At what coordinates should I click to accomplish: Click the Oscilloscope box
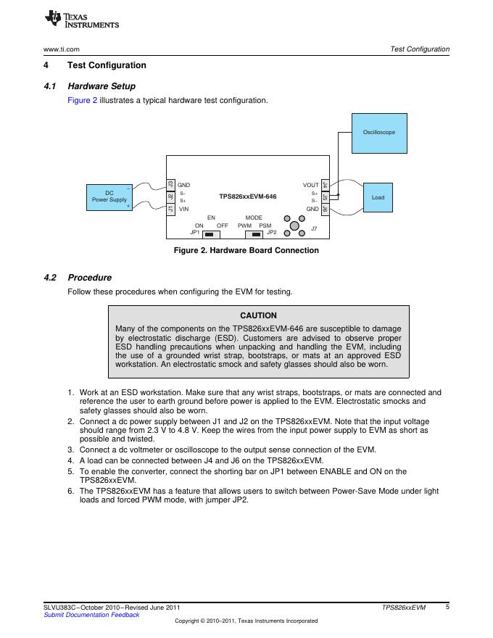click(x=379, y=133)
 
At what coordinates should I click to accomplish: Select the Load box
click(x=378, y=197)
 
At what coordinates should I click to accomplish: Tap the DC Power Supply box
click(x=109, y=197)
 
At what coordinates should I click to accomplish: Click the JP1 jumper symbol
click(x=210, y=234)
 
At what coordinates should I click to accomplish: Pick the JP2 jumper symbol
click(x=254, y=234)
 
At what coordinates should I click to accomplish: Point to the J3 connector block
click(x=170, y=186)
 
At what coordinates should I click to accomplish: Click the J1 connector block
click(x=170, y=209)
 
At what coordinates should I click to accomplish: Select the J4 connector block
click(x=326, y=186)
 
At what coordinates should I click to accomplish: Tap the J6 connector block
click(x=326, y=209)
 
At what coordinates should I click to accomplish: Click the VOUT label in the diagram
click(x=310, y=186)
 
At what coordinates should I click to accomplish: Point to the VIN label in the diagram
click(x=183, y=209)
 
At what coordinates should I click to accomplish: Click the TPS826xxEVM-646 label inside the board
click(x=247, y=196)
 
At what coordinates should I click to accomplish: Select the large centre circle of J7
click(x=294, y=226)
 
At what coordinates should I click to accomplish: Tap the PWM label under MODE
click(x=244, y=225)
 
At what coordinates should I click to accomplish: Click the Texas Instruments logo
click(x=81, y=20)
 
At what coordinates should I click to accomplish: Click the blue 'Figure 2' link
click(x=82, y=100)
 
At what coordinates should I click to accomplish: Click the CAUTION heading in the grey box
click(x=258, y=315)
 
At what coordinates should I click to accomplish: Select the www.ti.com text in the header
click(x=61, y=49)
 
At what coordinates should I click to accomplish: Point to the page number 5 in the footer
click(x=447, y=607)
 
